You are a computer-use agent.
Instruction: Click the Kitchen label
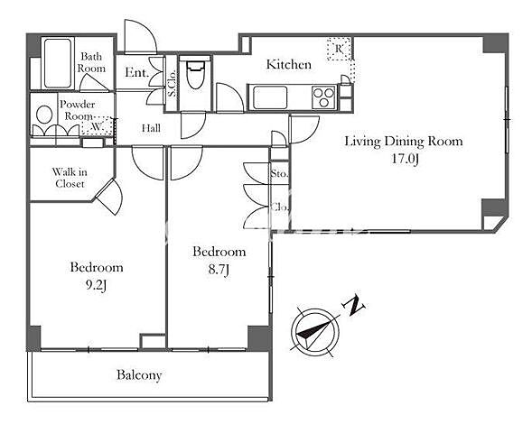[x=288, y=64]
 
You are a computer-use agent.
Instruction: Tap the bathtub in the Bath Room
[x=58, y=63]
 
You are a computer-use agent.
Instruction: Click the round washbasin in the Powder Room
[x=44, y=115]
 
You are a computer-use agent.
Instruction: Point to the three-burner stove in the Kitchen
[x=323, y=97]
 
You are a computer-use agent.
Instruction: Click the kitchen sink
[x=270, y=97]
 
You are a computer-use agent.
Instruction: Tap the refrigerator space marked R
[x=339, y=49]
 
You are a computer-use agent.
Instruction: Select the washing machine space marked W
[x=97, y=126]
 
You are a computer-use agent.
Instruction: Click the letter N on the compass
[x=354, y=306]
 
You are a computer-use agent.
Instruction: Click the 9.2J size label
[x=96, y=285]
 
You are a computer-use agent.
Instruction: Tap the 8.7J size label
[x=219, y=270]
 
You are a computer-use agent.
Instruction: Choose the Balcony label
[x=139, y=375]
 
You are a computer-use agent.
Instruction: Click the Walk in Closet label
[x=70, y=178]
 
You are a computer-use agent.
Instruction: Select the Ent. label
[x=136, y=72]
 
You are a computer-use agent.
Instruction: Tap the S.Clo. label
[x=172, y=83]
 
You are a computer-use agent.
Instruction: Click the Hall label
[x=151, y=128]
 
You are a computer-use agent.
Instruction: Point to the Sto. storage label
[x=279, y=174]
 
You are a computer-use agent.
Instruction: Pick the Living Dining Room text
[x=404, y=141]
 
